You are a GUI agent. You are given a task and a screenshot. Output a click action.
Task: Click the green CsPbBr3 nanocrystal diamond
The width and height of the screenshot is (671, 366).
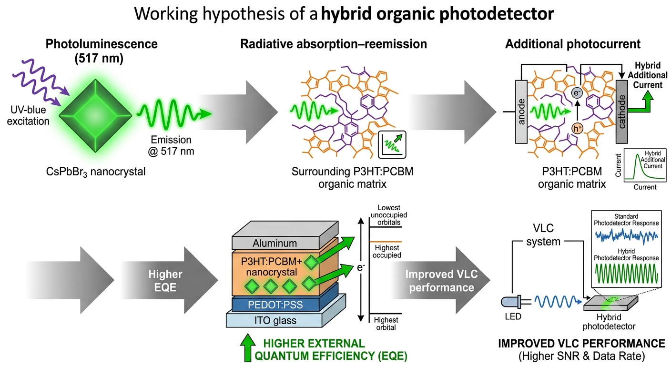(95, 116)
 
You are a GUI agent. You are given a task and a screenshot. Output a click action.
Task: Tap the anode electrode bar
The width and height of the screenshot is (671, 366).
(521, 112)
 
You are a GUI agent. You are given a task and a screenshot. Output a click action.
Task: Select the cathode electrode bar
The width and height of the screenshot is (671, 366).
(621, 112)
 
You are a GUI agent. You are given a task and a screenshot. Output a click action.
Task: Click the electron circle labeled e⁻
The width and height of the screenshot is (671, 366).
(577, 93)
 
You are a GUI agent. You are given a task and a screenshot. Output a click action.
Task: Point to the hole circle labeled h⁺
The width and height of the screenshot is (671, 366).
(577, 129)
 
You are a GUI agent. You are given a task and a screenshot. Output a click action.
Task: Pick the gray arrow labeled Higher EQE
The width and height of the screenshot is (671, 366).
(170, 280)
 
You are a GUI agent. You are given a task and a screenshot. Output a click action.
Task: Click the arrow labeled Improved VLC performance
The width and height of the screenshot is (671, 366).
(440, 280)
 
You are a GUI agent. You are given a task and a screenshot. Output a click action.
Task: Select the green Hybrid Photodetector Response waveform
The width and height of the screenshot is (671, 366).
(626, 274)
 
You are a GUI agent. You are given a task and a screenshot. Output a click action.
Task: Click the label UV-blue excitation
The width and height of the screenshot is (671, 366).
(28, 115)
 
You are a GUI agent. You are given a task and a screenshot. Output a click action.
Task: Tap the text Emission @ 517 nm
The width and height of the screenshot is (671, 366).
(171, 145)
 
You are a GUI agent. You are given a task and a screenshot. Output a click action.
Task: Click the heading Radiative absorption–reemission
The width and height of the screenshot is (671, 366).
(334, 44)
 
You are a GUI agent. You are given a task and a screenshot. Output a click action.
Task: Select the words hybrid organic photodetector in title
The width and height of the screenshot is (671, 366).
(437, 14)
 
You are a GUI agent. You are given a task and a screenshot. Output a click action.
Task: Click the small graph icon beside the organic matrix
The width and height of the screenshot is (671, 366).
(392, 145)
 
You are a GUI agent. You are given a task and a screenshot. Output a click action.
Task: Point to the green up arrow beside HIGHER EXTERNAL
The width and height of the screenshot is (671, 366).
(247, 348)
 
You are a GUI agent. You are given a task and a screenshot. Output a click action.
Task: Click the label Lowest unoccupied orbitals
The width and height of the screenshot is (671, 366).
(389, 215)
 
